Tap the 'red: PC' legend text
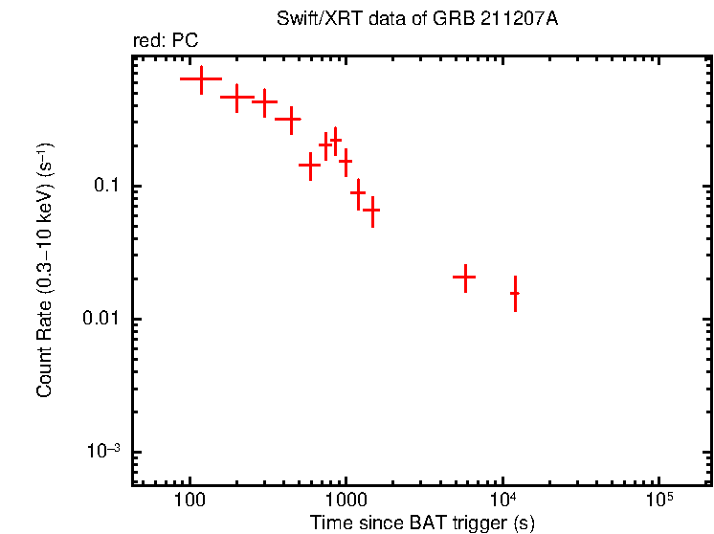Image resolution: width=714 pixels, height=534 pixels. (166, 41)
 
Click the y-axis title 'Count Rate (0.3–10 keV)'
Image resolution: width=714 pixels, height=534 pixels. (45, 270)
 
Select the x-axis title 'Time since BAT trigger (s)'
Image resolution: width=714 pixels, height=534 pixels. (422, 523)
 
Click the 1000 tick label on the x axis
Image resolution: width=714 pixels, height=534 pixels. (346, 501)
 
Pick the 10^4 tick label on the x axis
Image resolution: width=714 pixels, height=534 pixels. (502, 500)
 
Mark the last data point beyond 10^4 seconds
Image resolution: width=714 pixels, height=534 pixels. (515, 294)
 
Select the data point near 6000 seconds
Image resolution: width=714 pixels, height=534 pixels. (464, 277)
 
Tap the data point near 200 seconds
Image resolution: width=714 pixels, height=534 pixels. (236, 97)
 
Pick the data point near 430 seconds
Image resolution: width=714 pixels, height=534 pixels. (288, 120)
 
